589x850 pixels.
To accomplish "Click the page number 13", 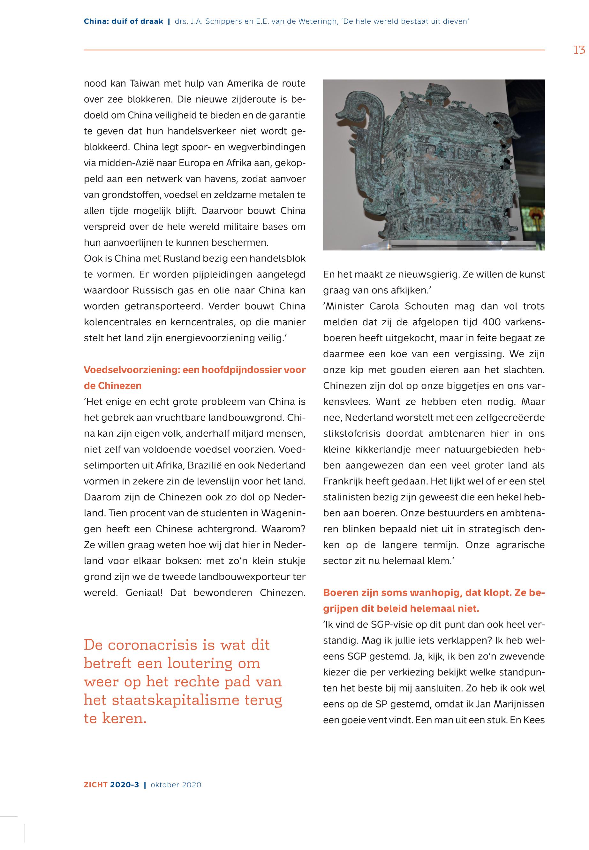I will coord(579,50).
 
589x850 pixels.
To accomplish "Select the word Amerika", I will coord(244,83).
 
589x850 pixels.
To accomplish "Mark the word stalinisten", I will coord(346,498).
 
